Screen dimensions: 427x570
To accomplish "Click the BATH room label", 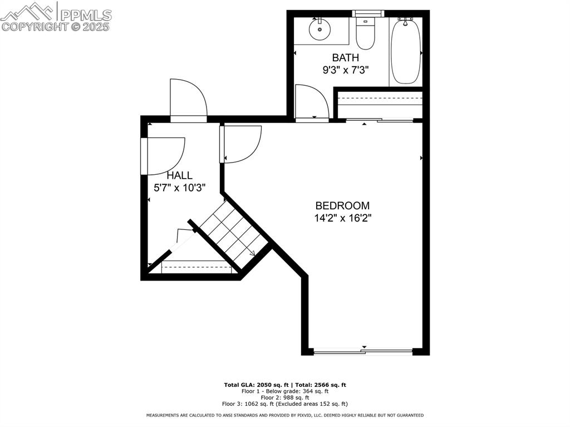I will point(345,57).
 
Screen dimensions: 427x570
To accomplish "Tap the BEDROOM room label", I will point(342,205).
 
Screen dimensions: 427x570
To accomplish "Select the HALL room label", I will point(179,175).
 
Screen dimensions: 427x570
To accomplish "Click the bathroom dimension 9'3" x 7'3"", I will point(345,70).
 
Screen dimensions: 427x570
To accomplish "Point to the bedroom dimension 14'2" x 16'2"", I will point(342,218).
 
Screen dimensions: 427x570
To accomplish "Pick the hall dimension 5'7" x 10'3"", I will point(180,188).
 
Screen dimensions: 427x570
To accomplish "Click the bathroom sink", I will point(320,31).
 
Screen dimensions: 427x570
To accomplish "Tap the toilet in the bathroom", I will point(365,35).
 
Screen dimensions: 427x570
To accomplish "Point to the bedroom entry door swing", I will point(242,143).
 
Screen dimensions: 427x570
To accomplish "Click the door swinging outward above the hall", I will point(188,99).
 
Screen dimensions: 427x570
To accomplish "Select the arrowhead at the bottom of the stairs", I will point(252,253).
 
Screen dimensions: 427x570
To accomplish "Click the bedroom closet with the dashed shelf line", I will point(379,104).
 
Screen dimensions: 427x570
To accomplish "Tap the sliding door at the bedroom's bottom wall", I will point(363,351).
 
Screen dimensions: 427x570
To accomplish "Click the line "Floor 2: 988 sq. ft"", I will point(284,397).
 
